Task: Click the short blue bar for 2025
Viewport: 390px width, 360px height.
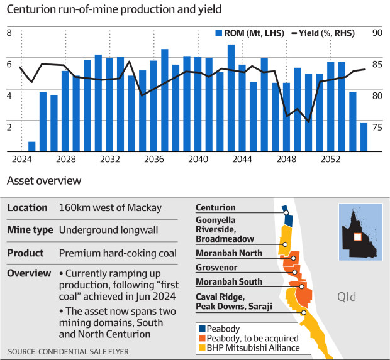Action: click(32, 146)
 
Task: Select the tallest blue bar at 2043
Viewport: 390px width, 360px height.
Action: click(231, 98)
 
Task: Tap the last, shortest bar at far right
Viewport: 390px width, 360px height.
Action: click(364, 136)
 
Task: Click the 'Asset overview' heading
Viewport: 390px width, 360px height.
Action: click(43, 181)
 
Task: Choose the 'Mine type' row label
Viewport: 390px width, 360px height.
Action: click(30, 230)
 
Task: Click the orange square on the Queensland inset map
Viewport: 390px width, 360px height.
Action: click(357, 236)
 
